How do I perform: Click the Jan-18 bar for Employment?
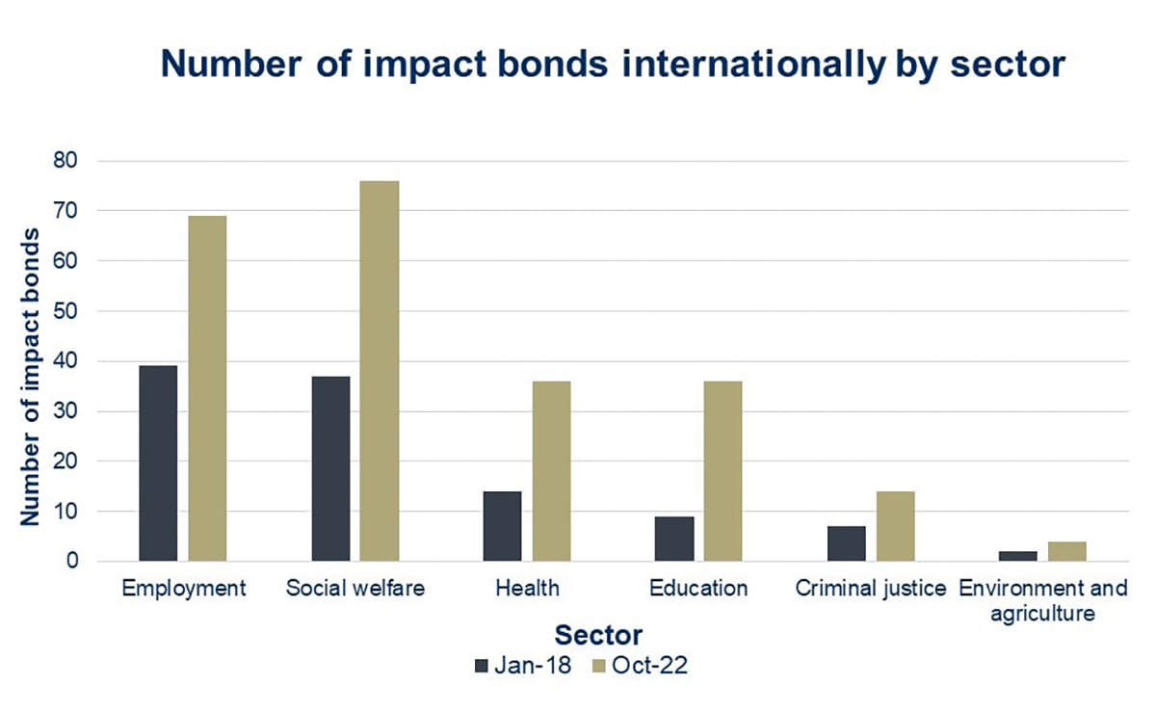[158, 463]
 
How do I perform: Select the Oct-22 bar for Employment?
[207, 388]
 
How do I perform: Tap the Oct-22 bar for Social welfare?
[380, 371]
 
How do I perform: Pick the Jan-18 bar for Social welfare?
[330, 468]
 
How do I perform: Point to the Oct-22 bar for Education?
[722, 471]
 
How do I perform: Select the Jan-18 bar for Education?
[673, 539]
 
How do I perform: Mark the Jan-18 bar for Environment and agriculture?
[1018, 556]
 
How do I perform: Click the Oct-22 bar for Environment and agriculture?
[1067, 551]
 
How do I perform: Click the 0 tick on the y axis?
[72, 561]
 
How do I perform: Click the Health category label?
[526, 589]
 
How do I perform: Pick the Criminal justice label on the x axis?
[871, 589]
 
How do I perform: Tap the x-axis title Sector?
[597, 636]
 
